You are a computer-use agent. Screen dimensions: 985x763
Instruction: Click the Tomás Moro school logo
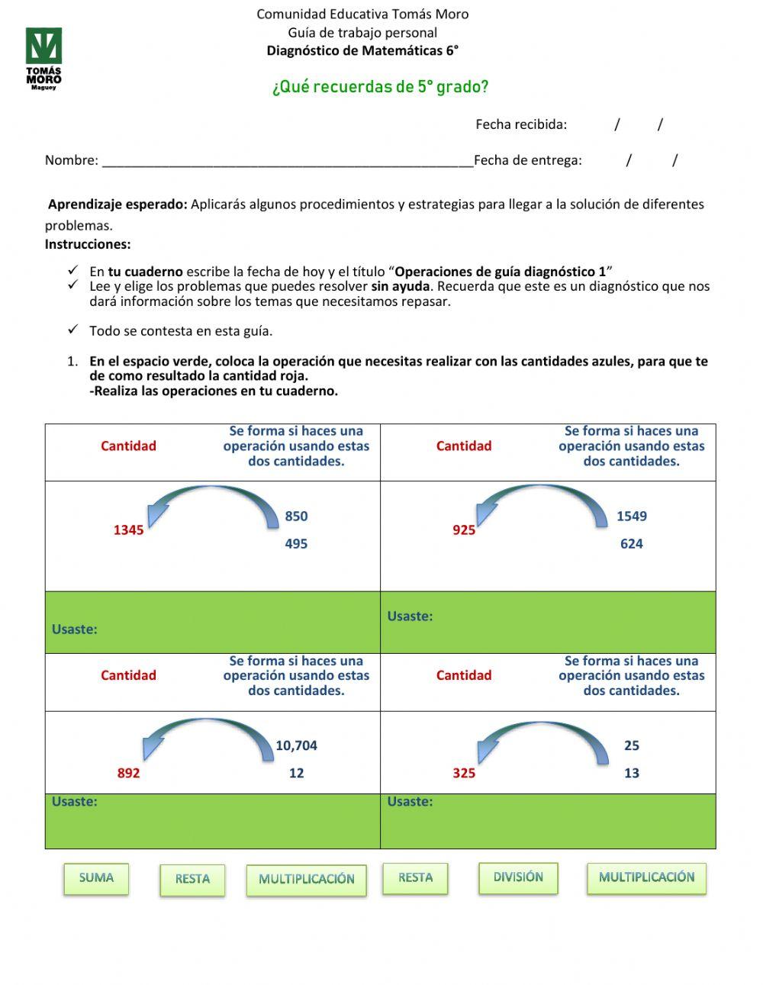coord(43,58)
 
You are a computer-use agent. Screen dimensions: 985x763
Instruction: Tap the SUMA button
coord(96,878)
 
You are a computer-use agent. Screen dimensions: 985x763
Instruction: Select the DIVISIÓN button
coord(518,877)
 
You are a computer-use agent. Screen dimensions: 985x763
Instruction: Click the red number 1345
coord(128,530)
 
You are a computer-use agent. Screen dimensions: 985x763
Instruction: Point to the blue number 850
coord(296,517)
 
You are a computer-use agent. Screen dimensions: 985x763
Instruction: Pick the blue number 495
coord(296,544)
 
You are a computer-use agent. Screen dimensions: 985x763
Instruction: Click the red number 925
coord(463,530)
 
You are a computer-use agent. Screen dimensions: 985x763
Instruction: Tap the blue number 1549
coord(631,517)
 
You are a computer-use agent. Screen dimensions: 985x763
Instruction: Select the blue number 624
coord(631,544)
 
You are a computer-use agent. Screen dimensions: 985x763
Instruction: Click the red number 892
coord(128,774)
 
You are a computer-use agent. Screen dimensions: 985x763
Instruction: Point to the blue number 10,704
coord(296,746)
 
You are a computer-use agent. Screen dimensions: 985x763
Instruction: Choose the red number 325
coord(463,774)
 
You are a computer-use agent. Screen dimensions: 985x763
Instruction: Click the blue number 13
coord(631,774)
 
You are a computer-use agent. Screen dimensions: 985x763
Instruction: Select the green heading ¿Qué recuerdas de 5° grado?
coord(380,87)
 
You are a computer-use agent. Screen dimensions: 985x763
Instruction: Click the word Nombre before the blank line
coord(72,160)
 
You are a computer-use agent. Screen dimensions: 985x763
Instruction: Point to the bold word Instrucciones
coord(88,245)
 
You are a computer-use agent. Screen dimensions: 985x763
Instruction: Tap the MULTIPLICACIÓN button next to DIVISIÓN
coord(646,877)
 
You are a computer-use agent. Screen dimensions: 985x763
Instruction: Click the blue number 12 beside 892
coord(296,774)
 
